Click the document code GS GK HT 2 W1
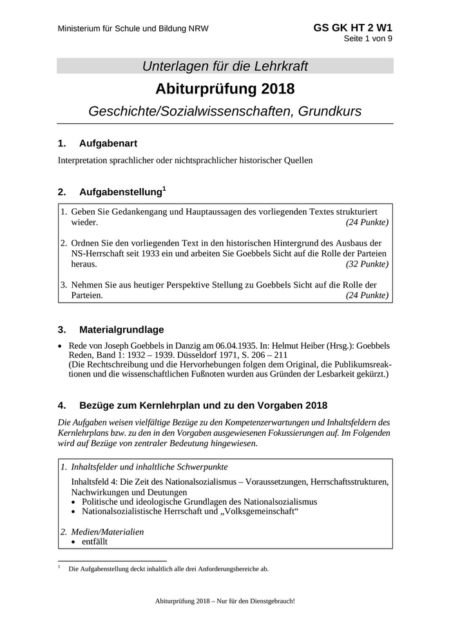coord(353,28)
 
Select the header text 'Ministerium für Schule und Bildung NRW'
coord(133,29)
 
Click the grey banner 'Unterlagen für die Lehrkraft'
coord(225,66)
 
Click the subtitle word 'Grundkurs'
coord(329,110)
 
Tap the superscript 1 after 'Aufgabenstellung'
coord(164,188)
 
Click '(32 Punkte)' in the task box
coord(367,264)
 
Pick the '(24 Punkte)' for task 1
coord(367,222)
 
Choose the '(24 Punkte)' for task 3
coord(367,295)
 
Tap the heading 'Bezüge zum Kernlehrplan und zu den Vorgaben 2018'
coord(203,406)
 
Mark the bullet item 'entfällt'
coord(95,542)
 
